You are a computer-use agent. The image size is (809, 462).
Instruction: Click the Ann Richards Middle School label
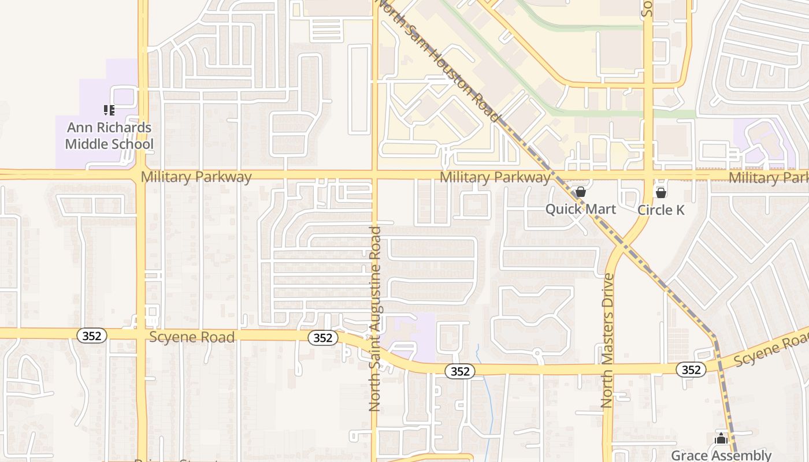tap(109, 136)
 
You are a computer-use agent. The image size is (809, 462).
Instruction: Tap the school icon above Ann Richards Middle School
tap(109, 110)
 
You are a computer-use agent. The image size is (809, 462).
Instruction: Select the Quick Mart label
tap(581, 209)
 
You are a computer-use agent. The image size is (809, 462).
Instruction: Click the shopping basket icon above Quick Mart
tap(581, 192)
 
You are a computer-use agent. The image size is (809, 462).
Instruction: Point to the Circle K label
tap(660, 210)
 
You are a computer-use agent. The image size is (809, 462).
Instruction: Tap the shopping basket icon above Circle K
tap(660, 192)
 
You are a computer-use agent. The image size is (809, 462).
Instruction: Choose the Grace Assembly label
tap(721, 455)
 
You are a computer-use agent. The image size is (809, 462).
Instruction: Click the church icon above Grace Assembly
tap(721, 439)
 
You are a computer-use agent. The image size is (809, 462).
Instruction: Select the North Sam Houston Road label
tap(439, 60)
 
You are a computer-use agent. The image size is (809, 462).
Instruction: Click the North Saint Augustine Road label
tap(375, 319)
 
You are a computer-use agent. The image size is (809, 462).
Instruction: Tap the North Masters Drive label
tap(607, 341)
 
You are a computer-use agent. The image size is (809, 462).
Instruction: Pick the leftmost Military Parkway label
tap(196, 177)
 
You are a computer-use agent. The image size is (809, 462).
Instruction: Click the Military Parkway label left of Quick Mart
tap(495, 177)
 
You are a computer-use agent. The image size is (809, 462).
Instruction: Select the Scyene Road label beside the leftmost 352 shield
tap(192, 337)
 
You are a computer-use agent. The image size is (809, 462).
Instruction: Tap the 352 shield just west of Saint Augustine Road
tap(322, 338)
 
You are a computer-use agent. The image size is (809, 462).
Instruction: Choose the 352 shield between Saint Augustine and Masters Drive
tap(460, 371)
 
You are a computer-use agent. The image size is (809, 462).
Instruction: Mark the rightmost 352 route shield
tap(691, 370)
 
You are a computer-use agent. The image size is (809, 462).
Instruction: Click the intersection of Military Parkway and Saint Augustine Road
tap(374, 174)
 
